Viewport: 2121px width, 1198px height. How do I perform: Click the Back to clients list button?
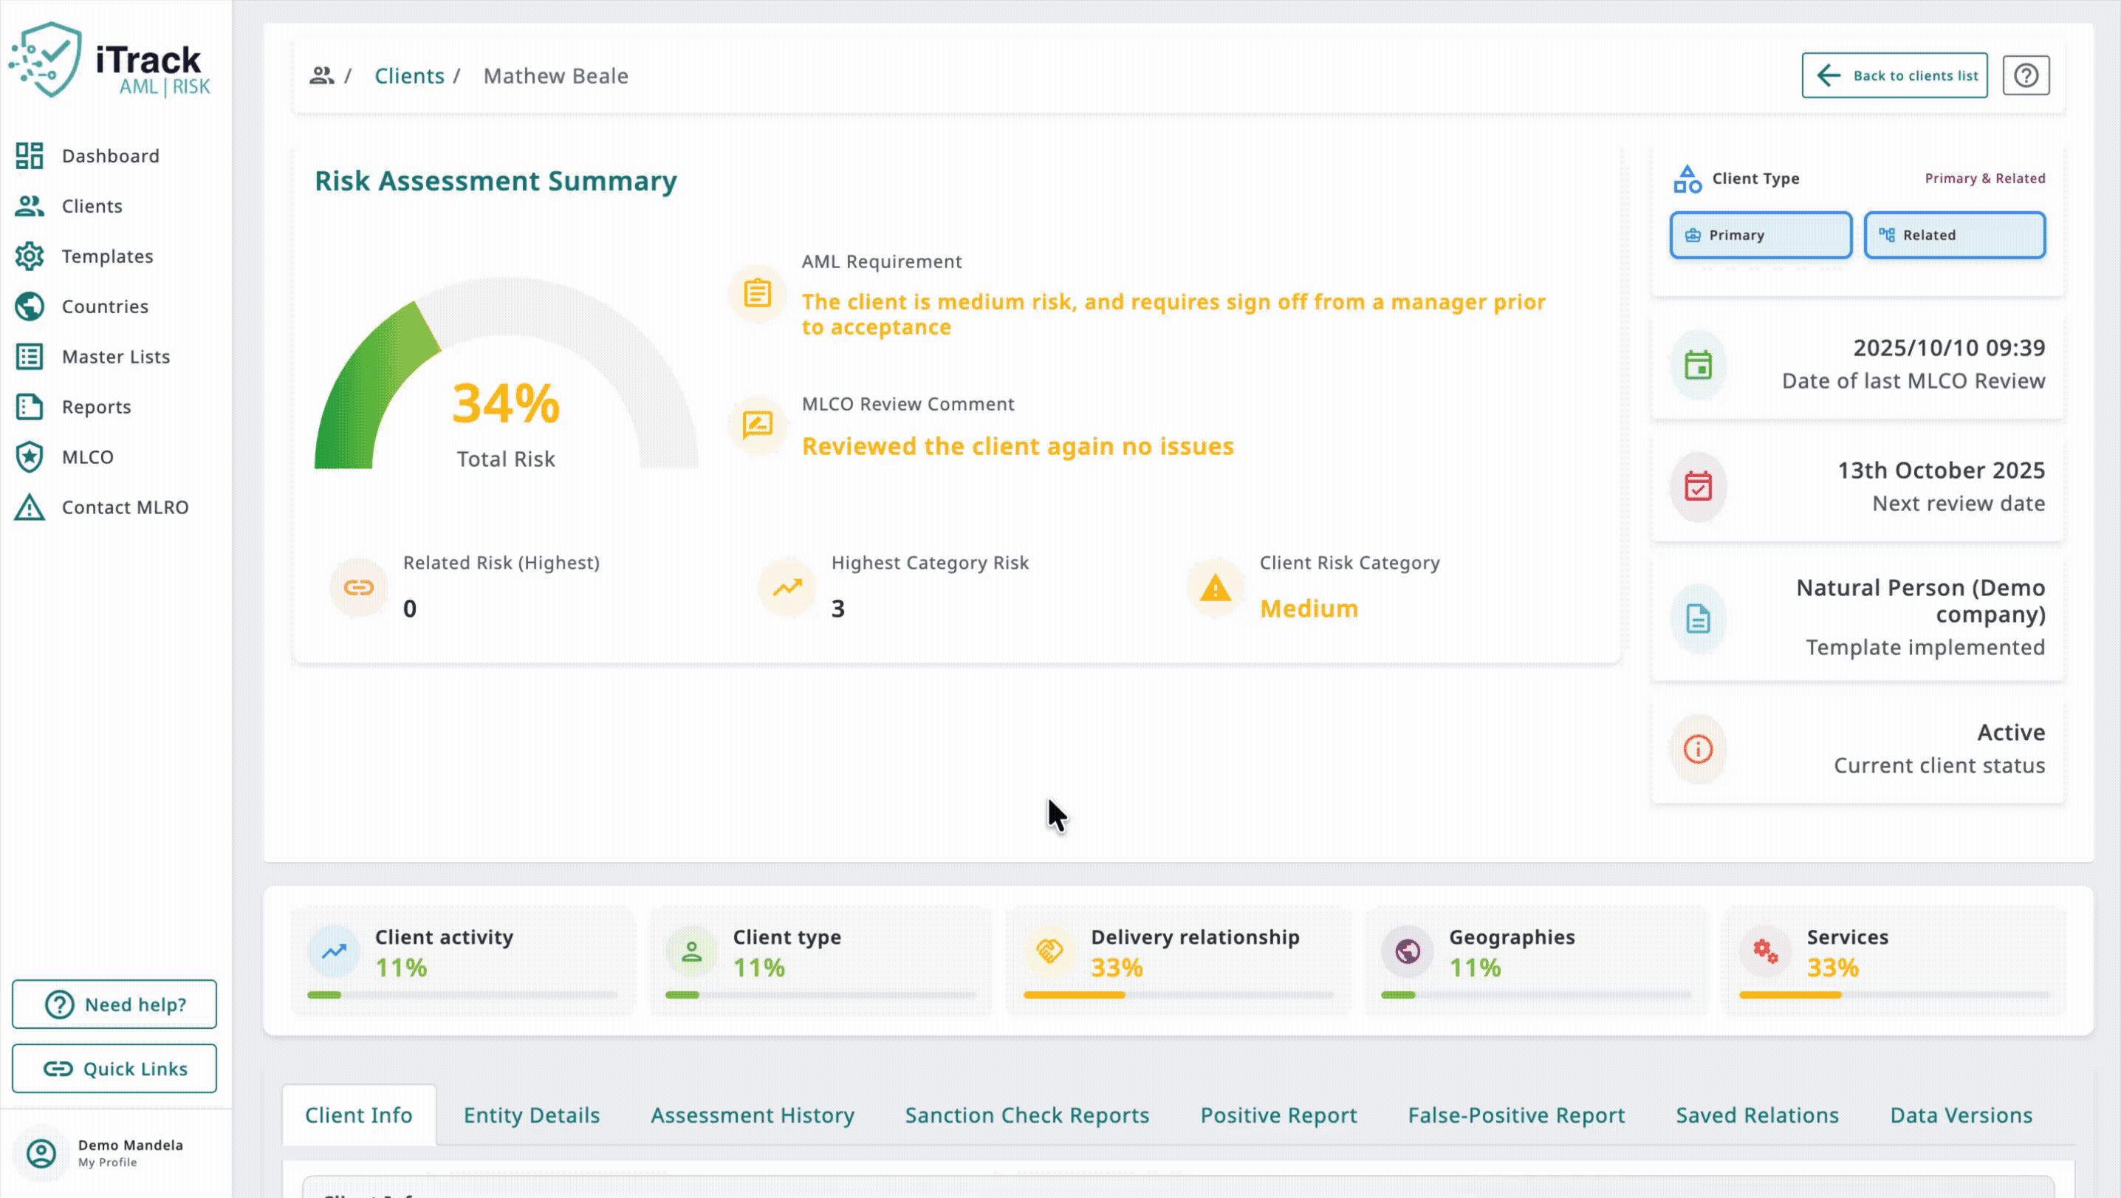click(1894, 76)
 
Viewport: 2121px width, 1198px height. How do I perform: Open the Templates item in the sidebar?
click(107, 256)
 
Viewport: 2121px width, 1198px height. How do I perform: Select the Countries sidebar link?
click(105, 307)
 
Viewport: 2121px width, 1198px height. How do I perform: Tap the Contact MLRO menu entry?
click(124, 507)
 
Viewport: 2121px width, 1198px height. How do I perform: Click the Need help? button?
click(114, 1004)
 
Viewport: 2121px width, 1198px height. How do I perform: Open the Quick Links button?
click(114, 1068)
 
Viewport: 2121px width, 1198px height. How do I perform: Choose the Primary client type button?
click(1761, 236)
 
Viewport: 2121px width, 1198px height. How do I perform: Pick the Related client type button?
click(1954, 236)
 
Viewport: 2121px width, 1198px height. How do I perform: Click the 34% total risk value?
click(506, 403)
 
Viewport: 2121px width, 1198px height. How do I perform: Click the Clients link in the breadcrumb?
click(409, 76)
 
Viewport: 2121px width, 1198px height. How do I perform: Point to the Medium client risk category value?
click(1309, 609)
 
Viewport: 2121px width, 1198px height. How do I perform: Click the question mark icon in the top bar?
click(2026, 76)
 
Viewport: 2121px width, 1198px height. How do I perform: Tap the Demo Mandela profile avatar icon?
click(41, 1153)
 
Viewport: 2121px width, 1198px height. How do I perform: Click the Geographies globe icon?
click(1408, 951)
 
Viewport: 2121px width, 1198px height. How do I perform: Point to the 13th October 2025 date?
click(1941, 470)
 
